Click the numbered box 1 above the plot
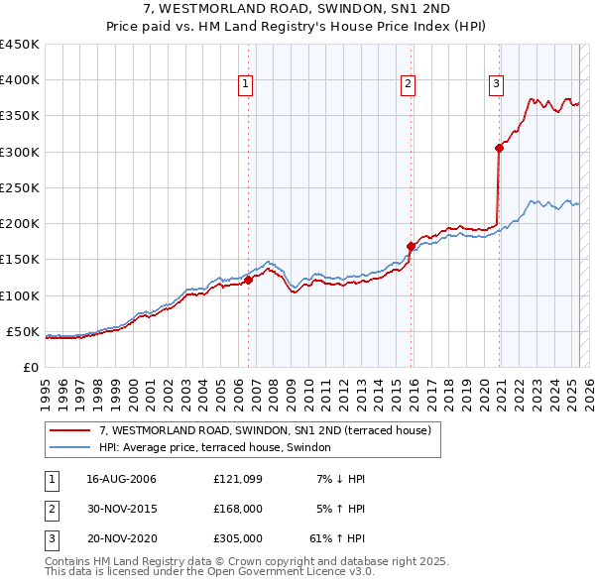tap(245, 85)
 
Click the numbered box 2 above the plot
tap(408, 85)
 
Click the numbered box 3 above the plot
tap(495, 85)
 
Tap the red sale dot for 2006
tap(249, 280)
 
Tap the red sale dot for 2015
tap(411, 246)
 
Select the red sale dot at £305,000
tap(499, 149)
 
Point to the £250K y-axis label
tap(21, 187)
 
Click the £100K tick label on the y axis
tap(21, 295)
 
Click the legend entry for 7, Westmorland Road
tap(264, 431)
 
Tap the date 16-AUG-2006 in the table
tap(122, 479)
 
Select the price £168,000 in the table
tap(238, 510)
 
